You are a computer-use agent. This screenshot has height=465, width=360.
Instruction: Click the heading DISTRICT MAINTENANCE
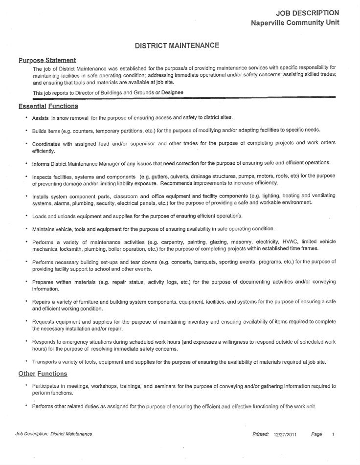click(x=177, y=45)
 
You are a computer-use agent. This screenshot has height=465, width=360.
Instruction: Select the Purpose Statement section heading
click(x=47, y=60)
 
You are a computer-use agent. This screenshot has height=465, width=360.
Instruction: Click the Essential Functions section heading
click(x=48, y=106)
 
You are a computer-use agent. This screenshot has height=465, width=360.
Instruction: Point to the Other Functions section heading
click(x=43, y=374)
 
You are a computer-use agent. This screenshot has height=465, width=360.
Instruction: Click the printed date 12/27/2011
click(x=285, y=434)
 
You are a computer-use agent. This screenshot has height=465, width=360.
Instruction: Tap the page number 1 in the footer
click(x=333, y=434)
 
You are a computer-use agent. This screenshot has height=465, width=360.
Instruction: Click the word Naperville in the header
click(x=270, y=22)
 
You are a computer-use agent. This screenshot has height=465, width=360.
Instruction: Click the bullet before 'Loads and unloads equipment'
click(x=26, y=216)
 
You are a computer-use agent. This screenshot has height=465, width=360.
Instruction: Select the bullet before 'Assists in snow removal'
click(x=26, y=118)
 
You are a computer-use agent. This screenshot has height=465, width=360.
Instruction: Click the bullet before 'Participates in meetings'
click(x=26, y=386)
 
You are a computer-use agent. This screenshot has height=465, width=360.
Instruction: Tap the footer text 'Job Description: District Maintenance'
click(x=54, y=434)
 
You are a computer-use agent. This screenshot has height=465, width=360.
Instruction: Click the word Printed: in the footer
click(x=261, y=434)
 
